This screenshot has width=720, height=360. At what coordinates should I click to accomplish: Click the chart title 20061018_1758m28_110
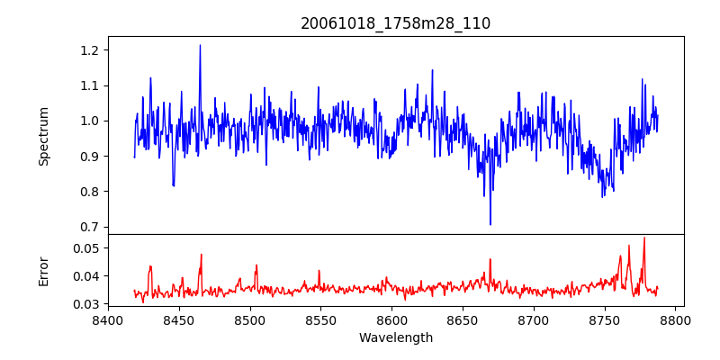click(395, 23)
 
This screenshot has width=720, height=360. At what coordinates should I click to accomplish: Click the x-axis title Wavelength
click(395, 338)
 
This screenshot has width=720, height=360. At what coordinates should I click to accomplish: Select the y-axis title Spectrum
click(43, 136)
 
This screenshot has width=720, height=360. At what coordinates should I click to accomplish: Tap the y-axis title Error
click(43, 270)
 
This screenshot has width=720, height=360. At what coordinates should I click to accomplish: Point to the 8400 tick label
click(108, 319)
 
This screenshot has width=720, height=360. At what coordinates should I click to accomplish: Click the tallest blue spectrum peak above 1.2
click(200, 46)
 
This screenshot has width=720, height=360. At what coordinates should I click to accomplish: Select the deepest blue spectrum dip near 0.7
click(490, 224)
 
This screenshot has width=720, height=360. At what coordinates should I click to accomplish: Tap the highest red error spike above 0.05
click(644, 238)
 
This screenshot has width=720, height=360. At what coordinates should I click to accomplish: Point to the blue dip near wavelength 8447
click(174, 184)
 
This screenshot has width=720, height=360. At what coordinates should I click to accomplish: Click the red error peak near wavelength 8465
click(201, 255)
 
